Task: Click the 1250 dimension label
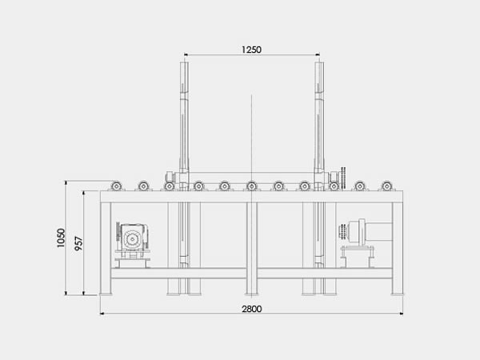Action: [x=251, y=50]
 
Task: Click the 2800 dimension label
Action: [x=252, y=309]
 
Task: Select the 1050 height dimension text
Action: [x=62, y=238]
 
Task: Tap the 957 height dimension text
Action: [x=79, y=243]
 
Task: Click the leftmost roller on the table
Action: [x=116, y=186]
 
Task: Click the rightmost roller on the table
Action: [x=386, y=186]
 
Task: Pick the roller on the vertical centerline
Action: [x=251, y=186]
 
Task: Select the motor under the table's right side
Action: [x=366, y=233]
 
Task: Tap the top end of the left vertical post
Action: [x=184, y=62]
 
